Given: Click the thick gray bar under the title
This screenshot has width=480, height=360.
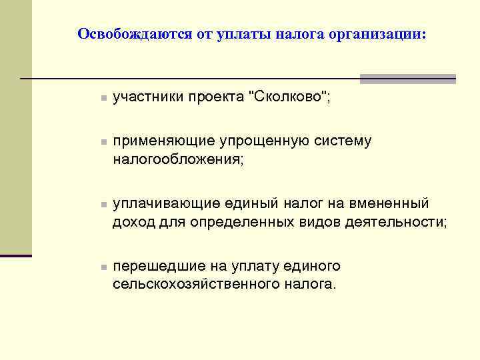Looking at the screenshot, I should pyautogui.click(x=407, y=78).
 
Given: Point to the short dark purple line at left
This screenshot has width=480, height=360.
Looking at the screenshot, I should pyautogui.click(x=16, y=255).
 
